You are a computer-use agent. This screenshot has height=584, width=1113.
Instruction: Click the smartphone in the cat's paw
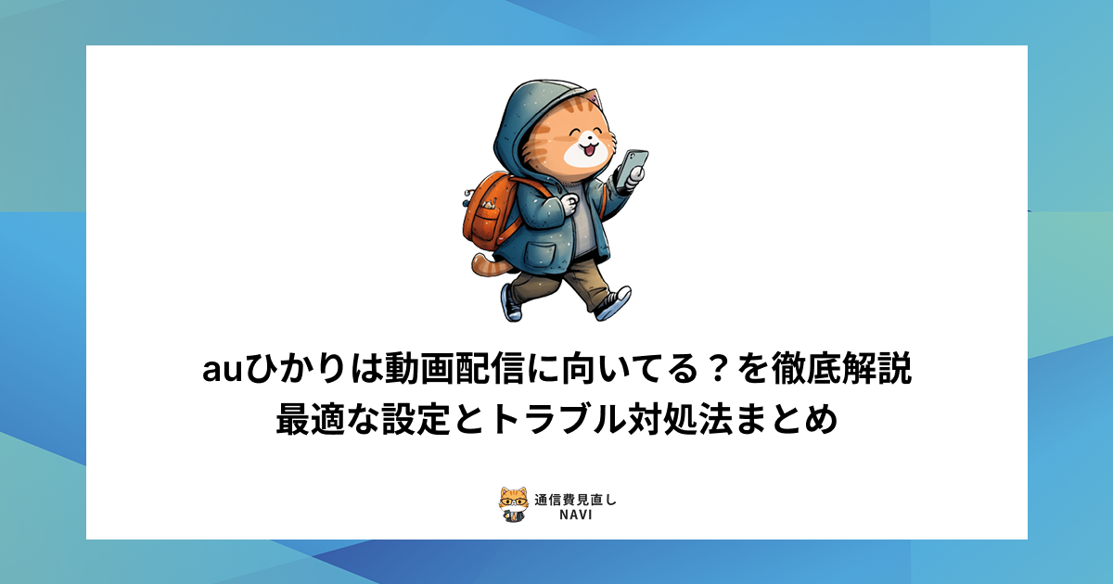(x=634, y=166)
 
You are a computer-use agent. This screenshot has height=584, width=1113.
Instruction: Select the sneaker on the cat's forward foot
(x=614, y=303)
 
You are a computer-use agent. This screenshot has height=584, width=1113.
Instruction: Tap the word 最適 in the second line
(x=308, y=420)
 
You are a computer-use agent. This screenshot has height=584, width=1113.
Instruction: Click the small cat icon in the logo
(x=513, y=505)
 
